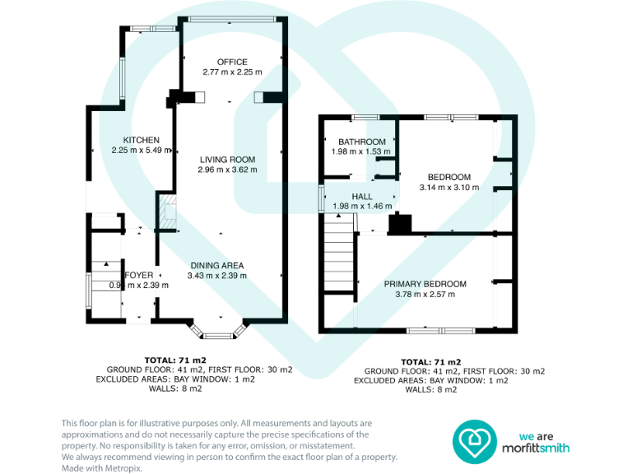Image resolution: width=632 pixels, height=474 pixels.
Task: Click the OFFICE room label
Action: click(x=232, y=62)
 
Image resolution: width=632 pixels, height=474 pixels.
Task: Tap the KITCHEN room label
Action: click(x=141, y=140)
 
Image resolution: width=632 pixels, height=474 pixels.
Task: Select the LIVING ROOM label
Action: click(x=227, y=160)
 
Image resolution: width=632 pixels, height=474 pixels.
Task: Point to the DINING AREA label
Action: click(x=216, y=265)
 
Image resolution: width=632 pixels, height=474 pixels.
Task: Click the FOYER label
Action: click(x=138, y=275)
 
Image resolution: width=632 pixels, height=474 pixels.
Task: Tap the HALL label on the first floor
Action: click(x=362, y=197)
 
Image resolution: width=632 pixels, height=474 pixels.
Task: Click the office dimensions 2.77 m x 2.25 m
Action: click(x=232, y=72)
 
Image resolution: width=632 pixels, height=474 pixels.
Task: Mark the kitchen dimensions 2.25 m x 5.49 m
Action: click(x=141, y=150)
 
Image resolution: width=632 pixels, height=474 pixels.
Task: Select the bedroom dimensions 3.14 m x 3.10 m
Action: click(x=448, y=188)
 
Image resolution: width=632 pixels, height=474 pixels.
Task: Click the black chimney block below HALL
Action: click(x=400, y=223)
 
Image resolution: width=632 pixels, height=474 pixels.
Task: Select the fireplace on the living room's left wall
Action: click(x=167, y=211)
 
